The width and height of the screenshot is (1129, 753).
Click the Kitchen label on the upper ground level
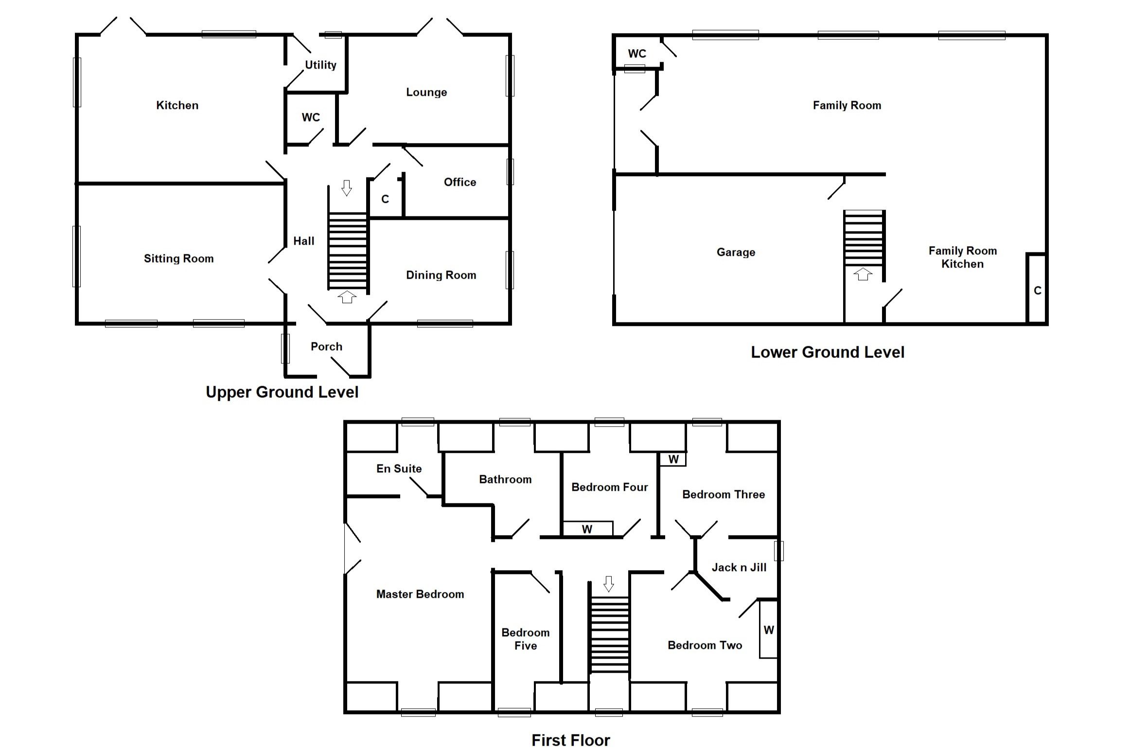click(x=177, y=106)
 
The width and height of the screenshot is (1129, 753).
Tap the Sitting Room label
click(x=178, y=259)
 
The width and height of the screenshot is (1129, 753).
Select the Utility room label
click(x=320, y=65)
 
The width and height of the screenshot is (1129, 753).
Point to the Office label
click(x=459, y=182)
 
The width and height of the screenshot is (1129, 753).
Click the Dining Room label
click(x=441, y=275)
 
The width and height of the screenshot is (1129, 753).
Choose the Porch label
click(x=326, y=347)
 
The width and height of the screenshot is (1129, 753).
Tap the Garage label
click(x=736, y=252)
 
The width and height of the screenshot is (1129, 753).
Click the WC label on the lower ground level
click(x=636, y=54)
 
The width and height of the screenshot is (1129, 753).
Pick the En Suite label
click(x=399, y=469)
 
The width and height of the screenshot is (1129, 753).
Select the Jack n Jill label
click(x=739, y=568)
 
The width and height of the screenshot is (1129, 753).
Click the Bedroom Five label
click(x=525, y=639)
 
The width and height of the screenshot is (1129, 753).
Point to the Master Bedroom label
click(x=420, y=594)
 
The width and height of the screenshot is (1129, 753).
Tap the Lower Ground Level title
click(x=827, y=352)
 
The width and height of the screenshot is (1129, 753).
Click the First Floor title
click(x=570, y=740)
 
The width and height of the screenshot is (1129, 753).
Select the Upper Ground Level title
click(x=282, y=392)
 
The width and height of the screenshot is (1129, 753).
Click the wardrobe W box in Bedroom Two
click(x=768, y=630)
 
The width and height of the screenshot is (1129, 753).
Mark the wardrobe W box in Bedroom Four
click(x=587, y=529)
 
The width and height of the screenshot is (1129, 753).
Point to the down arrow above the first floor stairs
click(x=608, y=583)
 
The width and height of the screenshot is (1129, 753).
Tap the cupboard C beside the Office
click(x=385, y=199)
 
